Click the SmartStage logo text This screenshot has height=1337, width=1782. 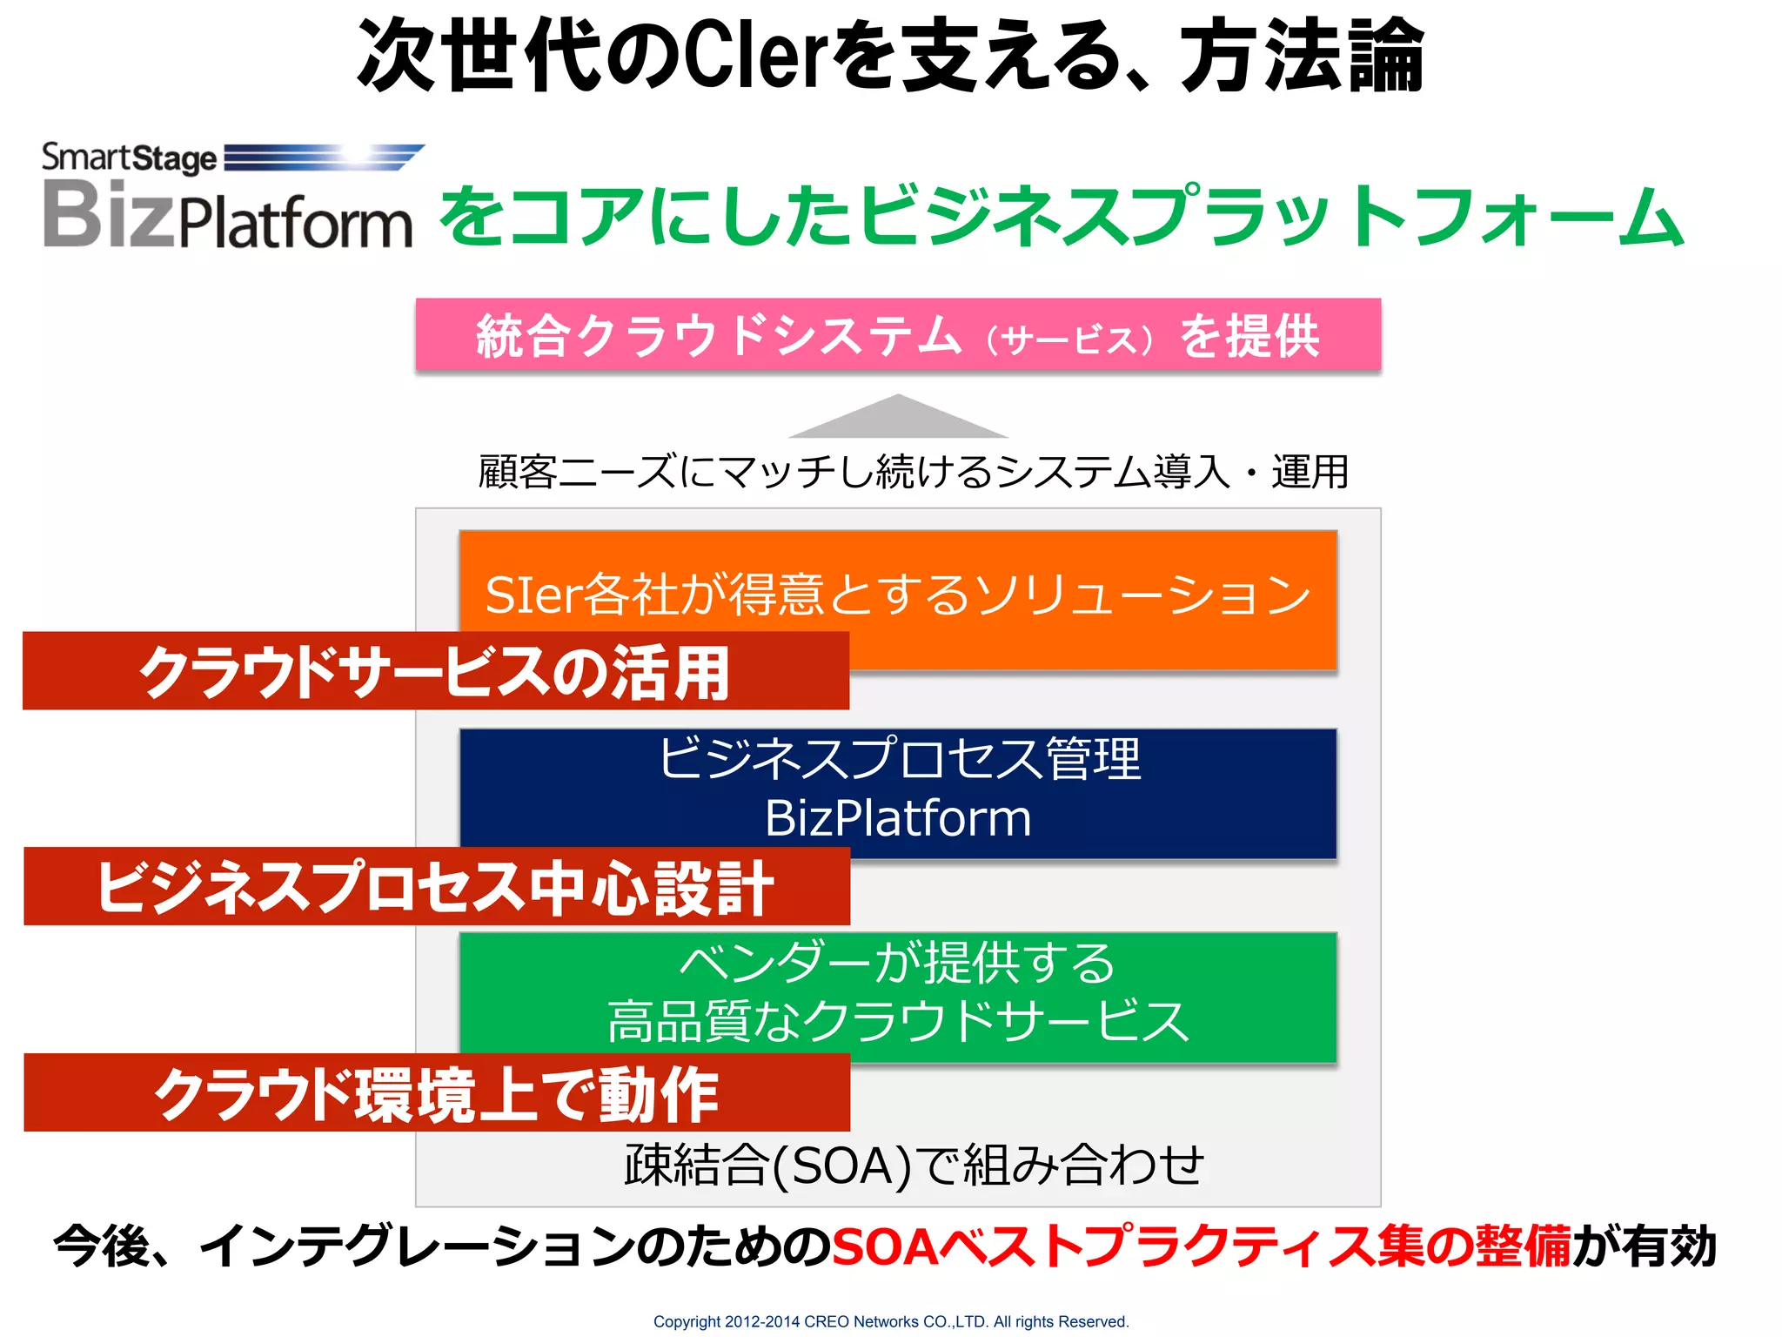130,158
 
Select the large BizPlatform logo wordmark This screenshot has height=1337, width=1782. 227,215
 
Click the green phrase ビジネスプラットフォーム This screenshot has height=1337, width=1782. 1270,217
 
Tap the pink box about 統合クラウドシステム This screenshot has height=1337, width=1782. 898,336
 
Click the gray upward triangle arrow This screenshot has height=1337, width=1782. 898,419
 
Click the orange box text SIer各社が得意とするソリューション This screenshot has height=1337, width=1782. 898,595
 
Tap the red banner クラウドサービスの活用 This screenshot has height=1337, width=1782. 435,672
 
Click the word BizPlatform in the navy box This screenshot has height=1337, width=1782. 898,818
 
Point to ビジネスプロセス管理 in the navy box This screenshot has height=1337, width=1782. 898,759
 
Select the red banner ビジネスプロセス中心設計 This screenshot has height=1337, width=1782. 435,887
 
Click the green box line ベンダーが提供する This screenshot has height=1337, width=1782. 898,964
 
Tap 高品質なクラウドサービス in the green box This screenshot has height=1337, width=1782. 898,1020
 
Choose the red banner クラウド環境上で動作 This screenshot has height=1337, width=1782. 435,1093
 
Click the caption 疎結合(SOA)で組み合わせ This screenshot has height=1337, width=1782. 914,1165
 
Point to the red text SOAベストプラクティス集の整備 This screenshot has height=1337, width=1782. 1201,1246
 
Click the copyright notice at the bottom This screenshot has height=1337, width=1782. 891,1321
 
